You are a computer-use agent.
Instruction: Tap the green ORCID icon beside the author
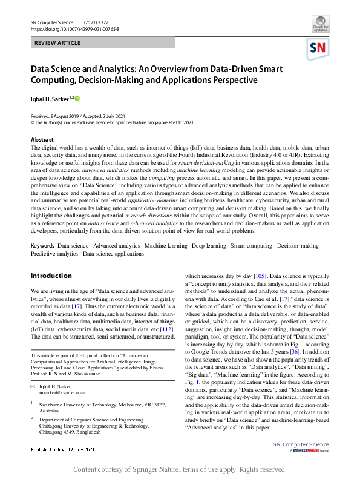77,97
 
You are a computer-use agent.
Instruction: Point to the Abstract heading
42,139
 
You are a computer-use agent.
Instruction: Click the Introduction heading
51,276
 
